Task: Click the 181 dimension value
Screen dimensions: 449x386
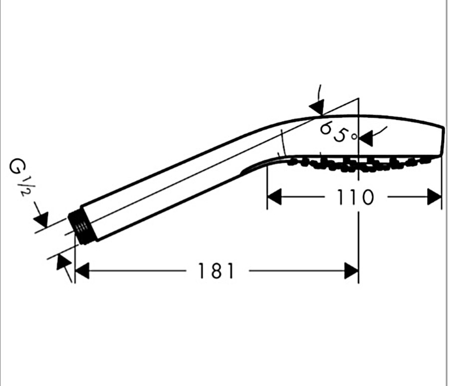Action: (217, 271)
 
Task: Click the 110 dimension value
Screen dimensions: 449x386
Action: (355, 197)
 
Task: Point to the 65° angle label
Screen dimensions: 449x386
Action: (339, 132)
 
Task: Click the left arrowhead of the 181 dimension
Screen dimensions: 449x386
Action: (82, 271)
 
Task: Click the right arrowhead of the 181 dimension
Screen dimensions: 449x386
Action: (351, 271)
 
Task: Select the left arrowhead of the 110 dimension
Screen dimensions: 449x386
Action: (274, 196)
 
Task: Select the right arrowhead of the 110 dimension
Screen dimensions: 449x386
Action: (434, 196)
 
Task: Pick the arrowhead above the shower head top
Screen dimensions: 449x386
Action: (317, 107)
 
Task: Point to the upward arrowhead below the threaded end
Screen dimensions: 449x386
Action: (64, 262)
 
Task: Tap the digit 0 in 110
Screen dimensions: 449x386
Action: (367, 197)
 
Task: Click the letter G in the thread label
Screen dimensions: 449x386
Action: (15, 167)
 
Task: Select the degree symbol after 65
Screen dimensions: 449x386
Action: (355, 137)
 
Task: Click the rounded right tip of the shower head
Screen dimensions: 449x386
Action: (444, 141)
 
